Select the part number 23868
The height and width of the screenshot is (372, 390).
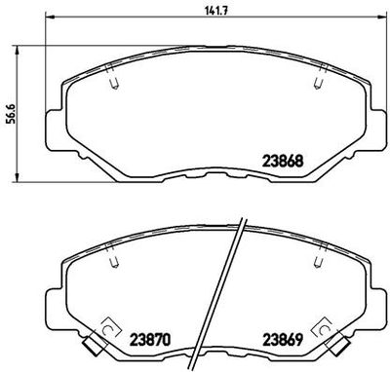tap(283, 162)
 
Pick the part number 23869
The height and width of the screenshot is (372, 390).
tap(283, 341)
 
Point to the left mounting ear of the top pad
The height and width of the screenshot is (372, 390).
tap(56, 126)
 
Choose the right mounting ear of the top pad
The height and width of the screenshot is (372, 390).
tap(376, 126)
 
